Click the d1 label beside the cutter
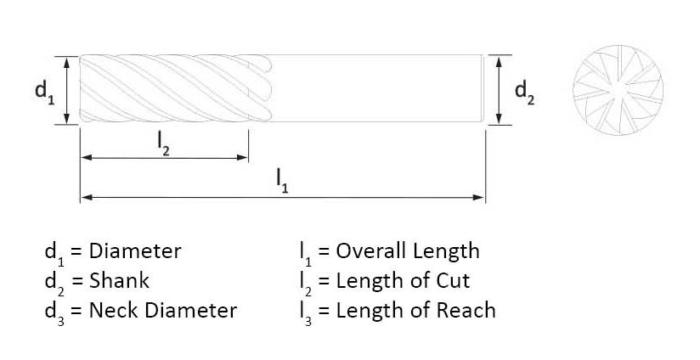45,93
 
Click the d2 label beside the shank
524,93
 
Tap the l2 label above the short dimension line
163,144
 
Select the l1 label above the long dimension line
282,181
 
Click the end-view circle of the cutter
618,90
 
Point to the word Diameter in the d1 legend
135,251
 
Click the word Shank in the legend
119,280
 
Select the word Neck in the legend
115,311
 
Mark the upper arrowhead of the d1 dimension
66,63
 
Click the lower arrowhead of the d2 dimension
500,119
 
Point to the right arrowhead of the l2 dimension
242,157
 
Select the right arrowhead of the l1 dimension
478,197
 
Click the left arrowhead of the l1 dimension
87,197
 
